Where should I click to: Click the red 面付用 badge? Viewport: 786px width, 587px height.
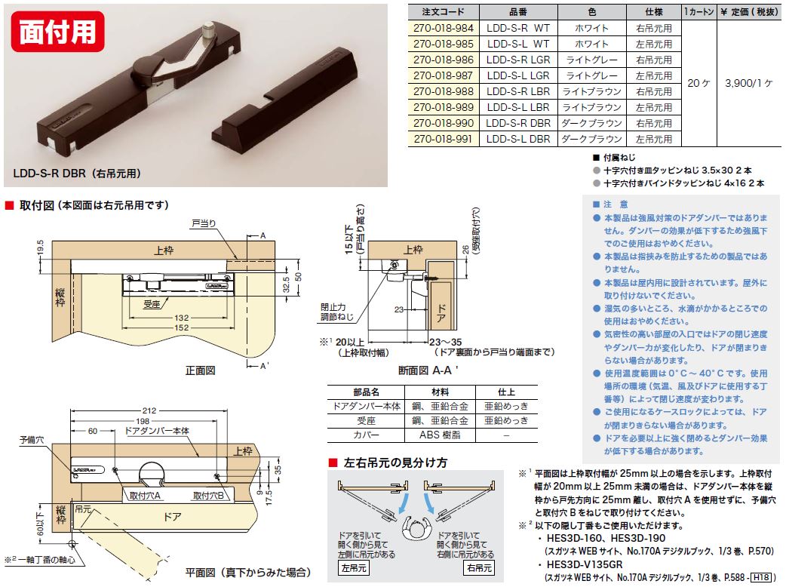57,32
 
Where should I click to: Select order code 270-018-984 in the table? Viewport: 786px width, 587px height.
443,28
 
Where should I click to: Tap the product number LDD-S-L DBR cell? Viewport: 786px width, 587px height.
518,139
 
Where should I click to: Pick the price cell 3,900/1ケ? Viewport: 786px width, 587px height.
749,83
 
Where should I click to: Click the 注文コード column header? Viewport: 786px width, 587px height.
443,12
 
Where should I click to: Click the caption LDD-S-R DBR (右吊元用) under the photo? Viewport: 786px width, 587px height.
77,174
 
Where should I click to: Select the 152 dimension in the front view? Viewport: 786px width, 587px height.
182,327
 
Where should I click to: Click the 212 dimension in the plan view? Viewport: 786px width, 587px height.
149,410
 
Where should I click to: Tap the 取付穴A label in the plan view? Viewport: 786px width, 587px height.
145,496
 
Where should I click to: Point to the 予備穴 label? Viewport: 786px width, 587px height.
31,440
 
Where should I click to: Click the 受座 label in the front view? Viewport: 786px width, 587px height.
151,304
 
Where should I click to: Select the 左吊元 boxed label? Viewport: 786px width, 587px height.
354,568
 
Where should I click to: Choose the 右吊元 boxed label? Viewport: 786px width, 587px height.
479,568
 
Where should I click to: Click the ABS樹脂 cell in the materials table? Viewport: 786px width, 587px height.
440,435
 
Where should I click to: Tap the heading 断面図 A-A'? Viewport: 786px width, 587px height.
428,370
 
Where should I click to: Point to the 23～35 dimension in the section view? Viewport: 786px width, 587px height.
445,342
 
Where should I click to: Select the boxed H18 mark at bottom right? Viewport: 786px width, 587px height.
761,577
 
